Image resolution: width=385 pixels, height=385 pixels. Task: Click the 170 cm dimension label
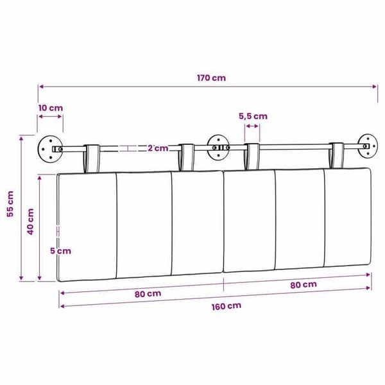tap(211, 78)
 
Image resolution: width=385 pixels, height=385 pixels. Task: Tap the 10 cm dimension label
tap(51, 108)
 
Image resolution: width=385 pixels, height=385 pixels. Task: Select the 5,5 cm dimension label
tap(253, 116)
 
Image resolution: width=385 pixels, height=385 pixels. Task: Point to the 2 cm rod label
tap(158, 148)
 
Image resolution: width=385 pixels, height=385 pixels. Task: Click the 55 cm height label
tap(10, 204)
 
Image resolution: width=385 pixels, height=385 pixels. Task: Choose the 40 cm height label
tap(30, 221)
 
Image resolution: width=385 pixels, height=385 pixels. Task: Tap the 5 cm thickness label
tap(61, 251)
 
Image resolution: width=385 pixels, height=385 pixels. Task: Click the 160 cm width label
tap(227, 306)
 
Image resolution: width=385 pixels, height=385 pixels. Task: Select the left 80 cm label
tap(148, 294)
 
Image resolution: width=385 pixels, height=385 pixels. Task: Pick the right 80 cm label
tap(304, 285)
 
